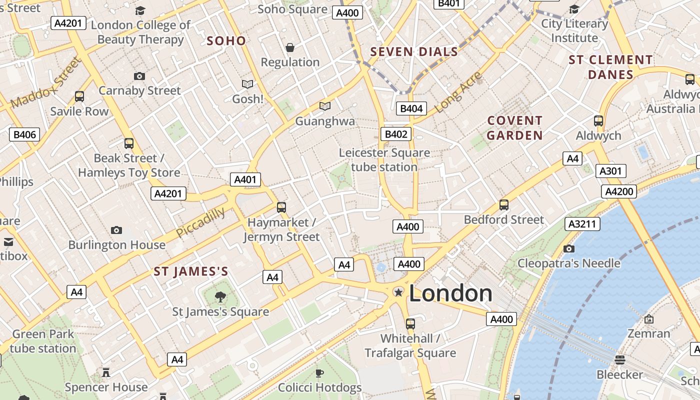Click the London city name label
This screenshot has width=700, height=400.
point(450,293)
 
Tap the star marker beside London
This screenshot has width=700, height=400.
point(398,292)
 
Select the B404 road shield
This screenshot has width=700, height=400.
point(411,108)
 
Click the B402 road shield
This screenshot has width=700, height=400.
point(396,134)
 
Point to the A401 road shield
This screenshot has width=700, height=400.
point(245,180)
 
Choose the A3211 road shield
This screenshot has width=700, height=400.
point(582,224)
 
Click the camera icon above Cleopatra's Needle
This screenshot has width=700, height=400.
point(568,248)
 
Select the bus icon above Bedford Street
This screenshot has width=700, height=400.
point(503,205)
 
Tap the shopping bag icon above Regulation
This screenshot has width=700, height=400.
point(290,47)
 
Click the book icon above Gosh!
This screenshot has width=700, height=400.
point(247,84)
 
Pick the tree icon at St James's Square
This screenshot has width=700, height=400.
point(220,297)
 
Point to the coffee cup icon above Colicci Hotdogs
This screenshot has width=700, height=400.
point(319,373)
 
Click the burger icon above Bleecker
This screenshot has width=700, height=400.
point(620,360)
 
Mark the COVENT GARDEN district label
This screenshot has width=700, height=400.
point(514,128)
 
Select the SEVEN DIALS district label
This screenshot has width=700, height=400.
point(414,51)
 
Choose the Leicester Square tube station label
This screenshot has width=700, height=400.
point(384,159)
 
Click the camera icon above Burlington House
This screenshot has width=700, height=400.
point(116,230)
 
